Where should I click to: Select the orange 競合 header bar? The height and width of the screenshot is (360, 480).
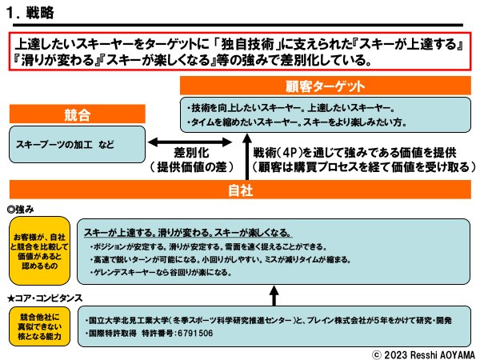point(73,113)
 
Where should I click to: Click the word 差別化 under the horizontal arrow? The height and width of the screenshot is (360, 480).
point(193,153)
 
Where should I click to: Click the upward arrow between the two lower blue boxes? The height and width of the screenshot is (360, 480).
point(274,296)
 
